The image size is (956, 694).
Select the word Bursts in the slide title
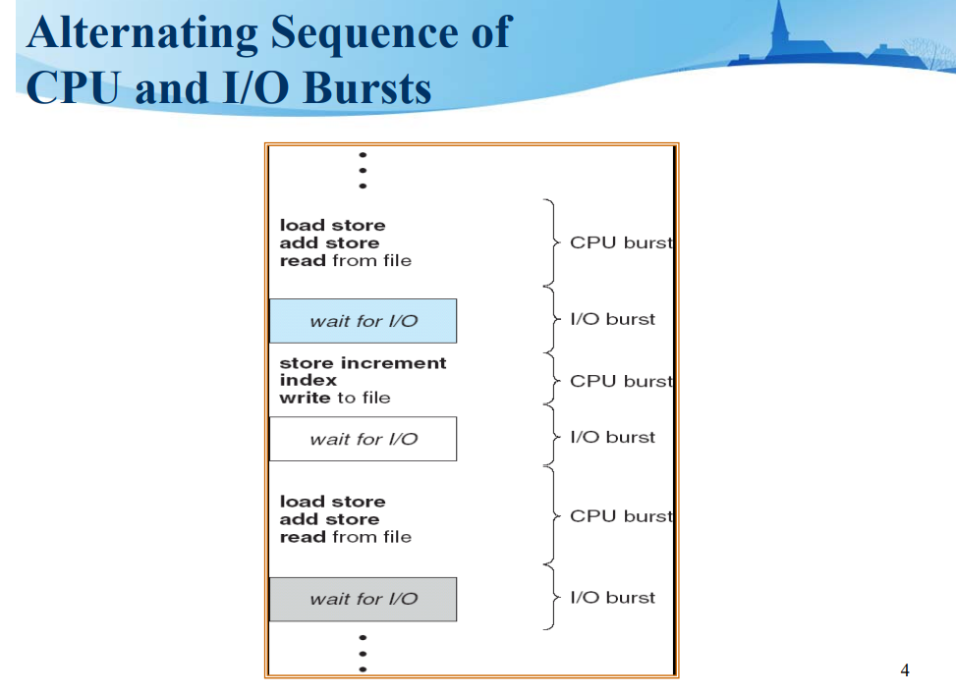click(x=367, y=88)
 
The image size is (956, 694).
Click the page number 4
click(x=905, y=670)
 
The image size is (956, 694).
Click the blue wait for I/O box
click(x=363, y=321)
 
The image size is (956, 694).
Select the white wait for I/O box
click(x=363, y=439)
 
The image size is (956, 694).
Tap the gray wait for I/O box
click(x=363, y=599)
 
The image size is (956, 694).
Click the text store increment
click(x=363, y=363)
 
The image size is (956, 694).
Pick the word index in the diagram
click(x=308, y=380)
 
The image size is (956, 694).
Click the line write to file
click(x=334, y=398)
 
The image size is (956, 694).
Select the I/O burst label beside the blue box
click(x=612, y=319)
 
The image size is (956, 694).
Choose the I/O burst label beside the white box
click(x=612, y=437)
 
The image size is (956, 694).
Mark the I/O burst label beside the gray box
click(x=612, y=597)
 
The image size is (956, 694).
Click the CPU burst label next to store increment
click(x=621, y=381)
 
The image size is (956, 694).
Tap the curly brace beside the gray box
click(x=550, y=597)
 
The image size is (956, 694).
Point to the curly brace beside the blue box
click(x=550, y=319)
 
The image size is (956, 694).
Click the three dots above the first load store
click(x=363, y=170)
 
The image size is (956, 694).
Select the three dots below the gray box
click(x=363, y=652)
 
